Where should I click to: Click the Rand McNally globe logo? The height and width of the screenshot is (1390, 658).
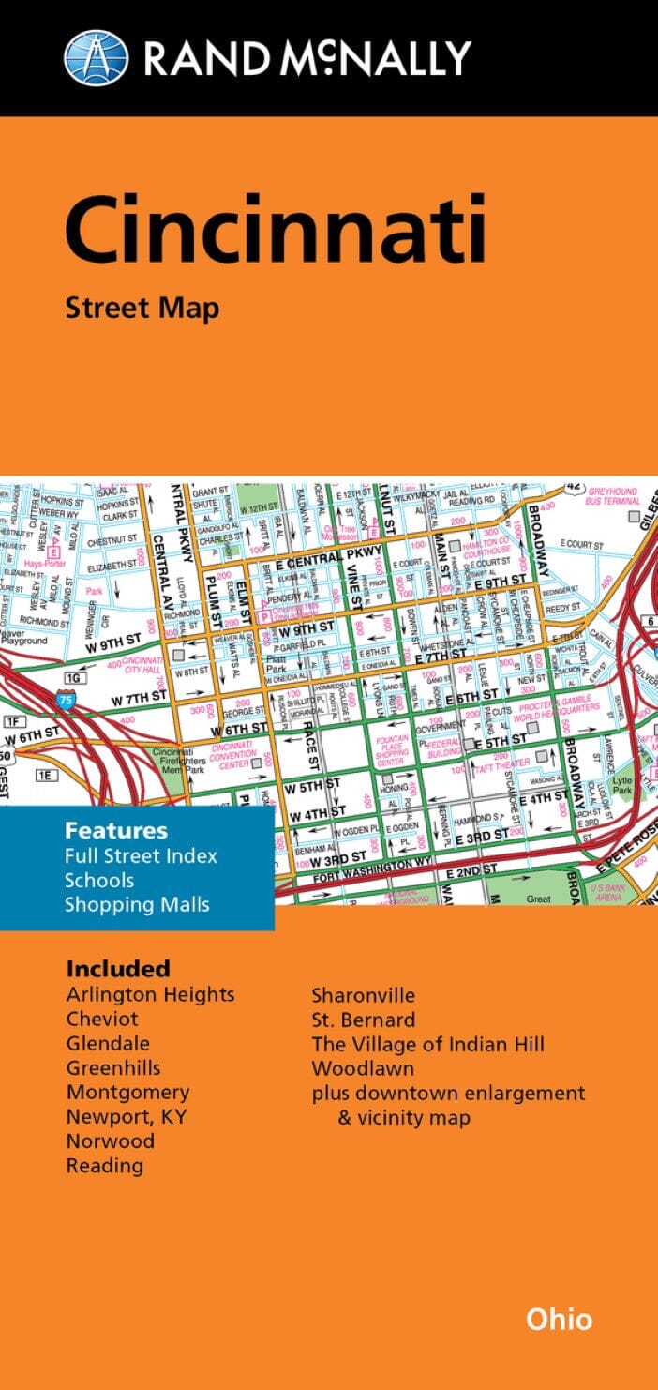[96, 57]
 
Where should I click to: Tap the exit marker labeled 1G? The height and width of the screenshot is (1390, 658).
[73, 676]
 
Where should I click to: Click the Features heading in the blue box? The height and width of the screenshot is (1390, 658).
[116, 831]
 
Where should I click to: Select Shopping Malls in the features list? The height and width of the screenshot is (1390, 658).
[137, 904]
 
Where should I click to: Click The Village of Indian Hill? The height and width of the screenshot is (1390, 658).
[427, 1043]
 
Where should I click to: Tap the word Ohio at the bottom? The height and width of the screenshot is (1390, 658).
[559, 1319]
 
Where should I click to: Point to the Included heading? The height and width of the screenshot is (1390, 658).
[118, 969]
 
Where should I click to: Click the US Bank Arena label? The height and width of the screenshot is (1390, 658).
[610, 892]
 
